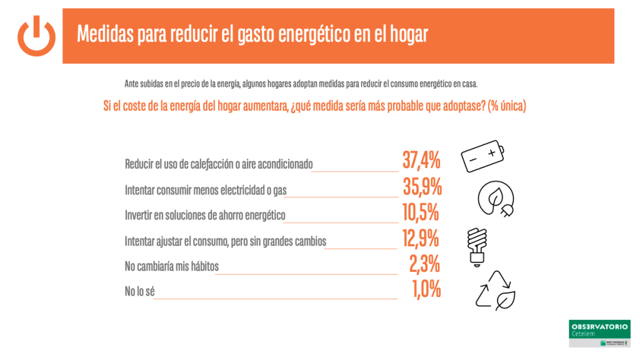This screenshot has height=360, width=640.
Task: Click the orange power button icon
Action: click(36, 36)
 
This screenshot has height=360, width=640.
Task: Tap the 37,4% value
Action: click(421, 161)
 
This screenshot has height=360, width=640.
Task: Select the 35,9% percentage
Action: click(422, 186)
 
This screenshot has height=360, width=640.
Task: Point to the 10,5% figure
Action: click(421, 212)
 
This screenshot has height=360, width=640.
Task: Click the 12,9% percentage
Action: click(421, 238)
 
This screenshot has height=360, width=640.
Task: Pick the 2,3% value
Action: click(424, 264)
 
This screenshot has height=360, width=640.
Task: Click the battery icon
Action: click(484, 156)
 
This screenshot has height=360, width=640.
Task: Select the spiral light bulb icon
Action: click(477, 246)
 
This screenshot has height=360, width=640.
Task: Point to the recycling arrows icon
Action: click(495, 291)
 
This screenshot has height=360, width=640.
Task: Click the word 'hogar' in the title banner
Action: click(407, 34)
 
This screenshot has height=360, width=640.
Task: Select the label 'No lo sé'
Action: click(139, 291)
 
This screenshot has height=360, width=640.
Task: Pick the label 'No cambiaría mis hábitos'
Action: click(172, 266)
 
